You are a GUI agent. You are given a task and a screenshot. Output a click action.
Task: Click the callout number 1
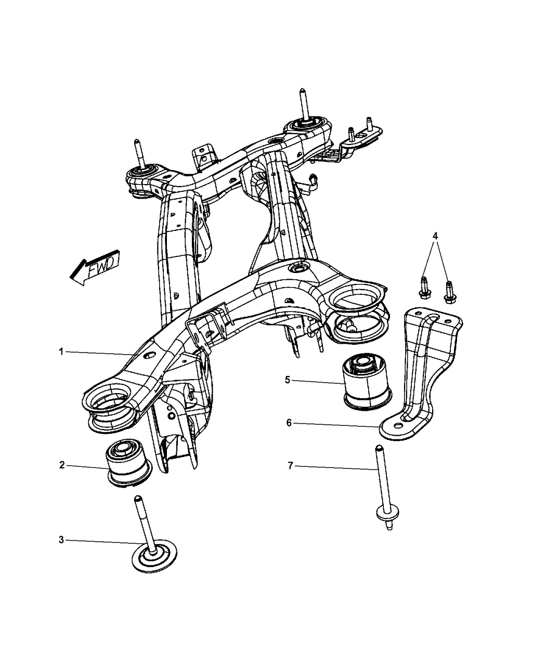click(x=61, y=352)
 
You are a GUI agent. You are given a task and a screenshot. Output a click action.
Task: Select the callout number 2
click(x=61, y=464)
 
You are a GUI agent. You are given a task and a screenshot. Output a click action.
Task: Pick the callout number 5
click(x=287, y=380)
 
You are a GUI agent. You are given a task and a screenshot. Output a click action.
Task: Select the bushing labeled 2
click(x=127, y=463)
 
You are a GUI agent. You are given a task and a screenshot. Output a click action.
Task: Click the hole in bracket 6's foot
click(x=399, y=426)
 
